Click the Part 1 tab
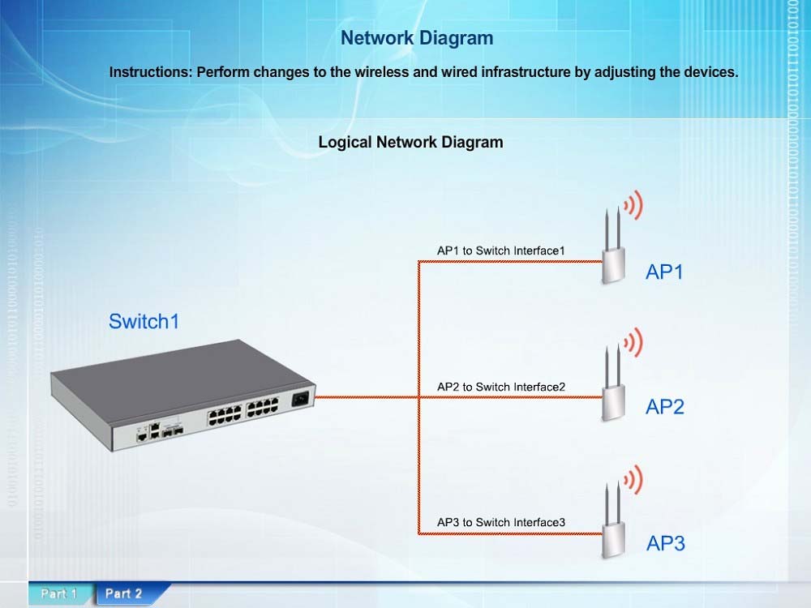(59, 593)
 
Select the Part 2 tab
(124, 593)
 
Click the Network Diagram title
(417, 38)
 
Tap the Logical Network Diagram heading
(410, 142)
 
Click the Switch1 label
(144, 321)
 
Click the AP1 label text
(664, 272)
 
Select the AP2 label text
(665, 407)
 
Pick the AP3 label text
(665, 543)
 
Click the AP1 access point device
(613, 247)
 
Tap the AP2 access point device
(613, 383)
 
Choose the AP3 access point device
(613, 520)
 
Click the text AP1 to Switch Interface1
(500, 250)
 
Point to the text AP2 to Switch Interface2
(500, 387)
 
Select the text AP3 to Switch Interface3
(500, 522)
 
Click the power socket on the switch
(300, 399)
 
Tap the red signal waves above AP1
(633, 205)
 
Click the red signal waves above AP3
(633, 479)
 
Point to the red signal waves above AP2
(633, 342)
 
